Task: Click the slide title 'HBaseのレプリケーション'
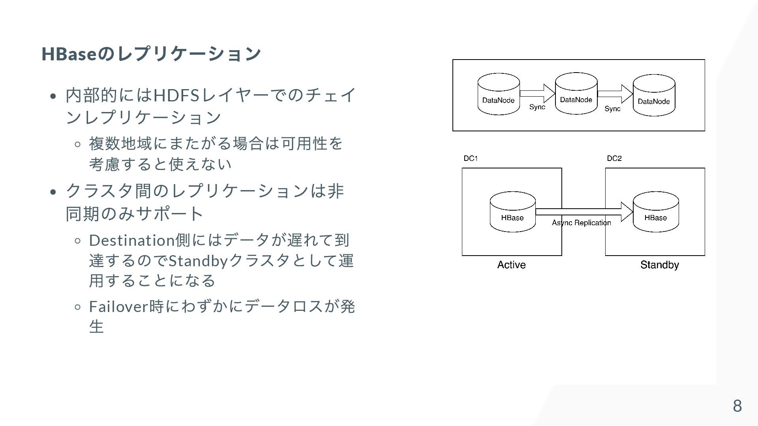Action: pos(151,54)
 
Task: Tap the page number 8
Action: pos(737,406)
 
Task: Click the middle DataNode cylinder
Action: pos(576,93)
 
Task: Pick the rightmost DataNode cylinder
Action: pos(654,95)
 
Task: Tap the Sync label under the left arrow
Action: pos(537,107)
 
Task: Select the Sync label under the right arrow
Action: pos(612,108)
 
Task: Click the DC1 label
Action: pos(471,159)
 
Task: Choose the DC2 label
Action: pos(614,159)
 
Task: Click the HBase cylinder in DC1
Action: pos(512,212)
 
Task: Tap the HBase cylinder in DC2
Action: pos(656,212)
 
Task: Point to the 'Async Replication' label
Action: pos(581,223)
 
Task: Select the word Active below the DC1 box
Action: pos(511,265)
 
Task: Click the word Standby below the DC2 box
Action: pos(659,265)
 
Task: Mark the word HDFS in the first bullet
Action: pos(176,95)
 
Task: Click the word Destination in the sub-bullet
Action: pos(132,240)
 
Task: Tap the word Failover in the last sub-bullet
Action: pos(118,306)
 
